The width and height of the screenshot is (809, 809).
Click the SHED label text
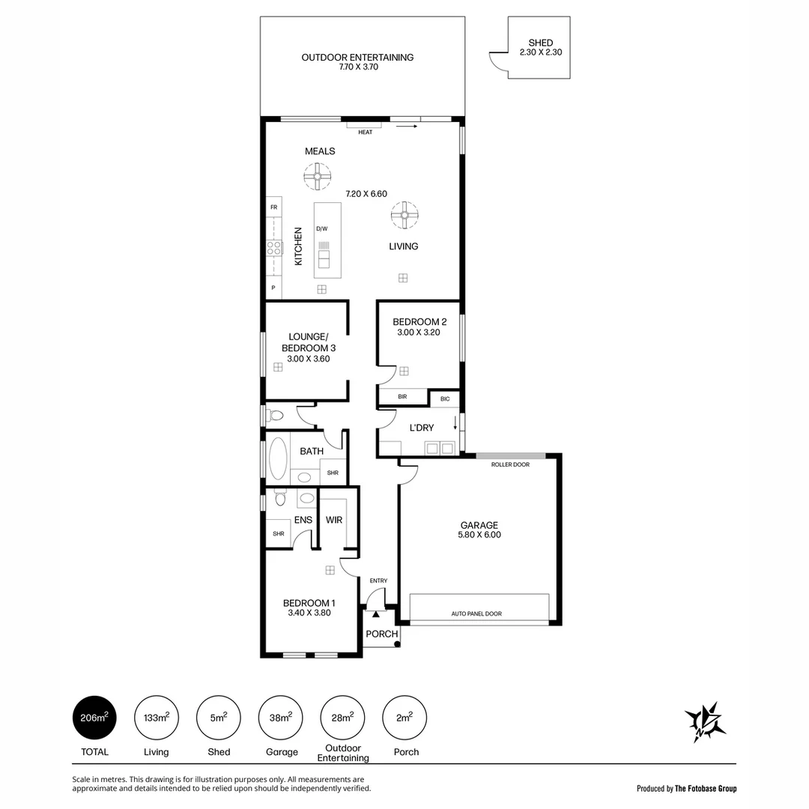pos(540,43)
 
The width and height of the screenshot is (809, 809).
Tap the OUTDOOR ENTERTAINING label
pos(357,58)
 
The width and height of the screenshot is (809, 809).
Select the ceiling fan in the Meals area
pos(317,178)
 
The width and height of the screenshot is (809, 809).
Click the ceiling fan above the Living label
pos(404,216)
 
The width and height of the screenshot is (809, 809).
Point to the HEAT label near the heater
pos(365,133)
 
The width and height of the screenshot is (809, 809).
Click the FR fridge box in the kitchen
pos(273,207)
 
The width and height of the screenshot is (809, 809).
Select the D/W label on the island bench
pos(321,228)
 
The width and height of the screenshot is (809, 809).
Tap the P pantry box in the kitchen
pos(273,288)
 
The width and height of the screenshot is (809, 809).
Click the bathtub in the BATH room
pos(277,458)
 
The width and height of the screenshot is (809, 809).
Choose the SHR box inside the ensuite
pos(278,533)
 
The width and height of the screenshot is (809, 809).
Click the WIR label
pos(334,520)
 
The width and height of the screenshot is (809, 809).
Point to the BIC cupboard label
pos(445,399)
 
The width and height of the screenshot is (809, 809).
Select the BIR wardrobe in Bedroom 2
pos(402,396)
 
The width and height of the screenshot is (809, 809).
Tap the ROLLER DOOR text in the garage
pos(510,464)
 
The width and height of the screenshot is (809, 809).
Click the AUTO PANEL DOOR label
pos(476,613)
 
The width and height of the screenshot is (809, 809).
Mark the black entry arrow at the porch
pos(376,614)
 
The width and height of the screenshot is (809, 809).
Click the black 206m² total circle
pos(94,718)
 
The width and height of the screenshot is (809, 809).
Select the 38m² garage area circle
pos(281,718)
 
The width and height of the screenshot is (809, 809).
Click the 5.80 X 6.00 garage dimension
pos(479,535)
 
